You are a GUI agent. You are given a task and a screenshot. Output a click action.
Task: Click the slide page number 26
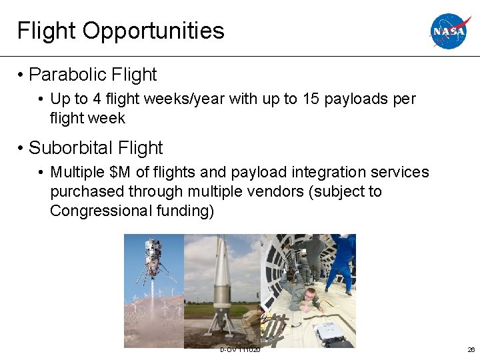click(x=471, y=350)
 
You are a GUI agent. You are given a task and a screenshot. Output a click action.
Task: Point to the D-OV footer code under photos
click(x=240, y=350)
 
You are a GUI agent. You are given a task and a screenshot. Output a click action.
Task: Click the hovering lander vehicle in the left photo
click(x=153, y=257)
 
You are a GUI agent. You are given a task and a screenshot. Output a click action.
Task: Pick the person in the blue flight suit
click(x=341, y=260)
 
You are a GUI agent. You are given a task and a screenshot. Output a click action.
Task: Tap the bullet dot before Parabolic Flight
click(x=23, y=75)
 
